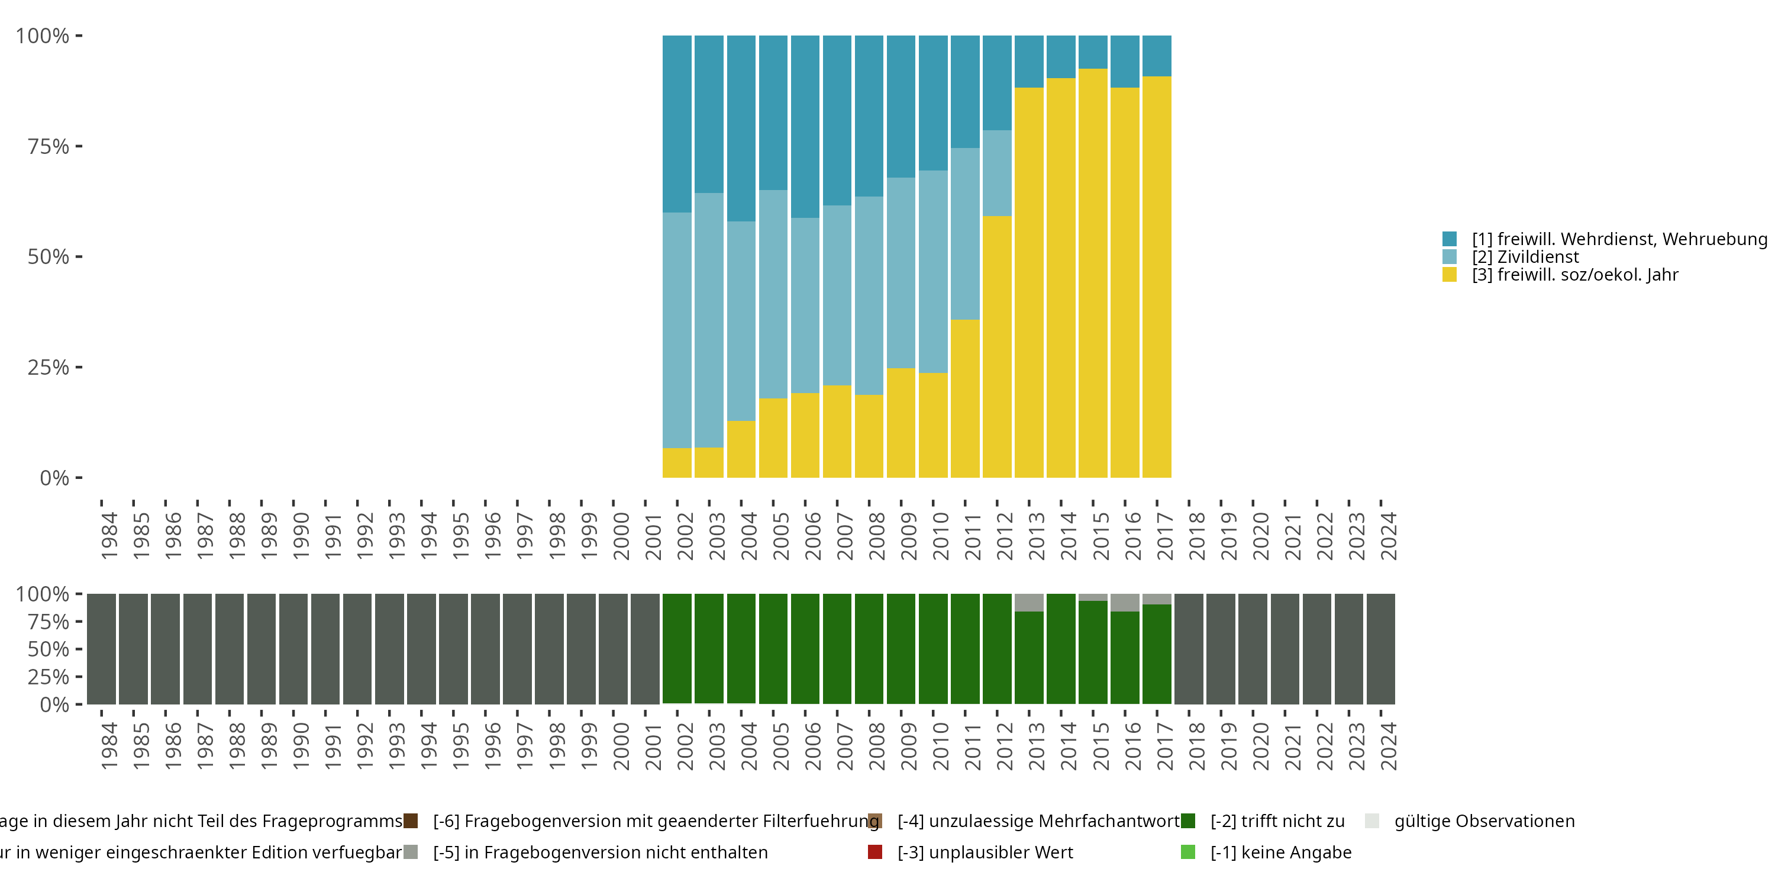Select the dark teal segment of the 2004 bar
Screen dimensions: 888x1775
[x=741, y=128]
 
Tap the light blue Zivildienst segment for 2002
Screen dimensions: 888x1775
[x=677, y=330]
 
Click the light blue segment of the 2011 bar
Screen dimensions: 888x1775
[x=964, y=234]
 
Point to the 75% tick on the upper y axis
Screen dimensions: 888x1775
[x=79, y=146]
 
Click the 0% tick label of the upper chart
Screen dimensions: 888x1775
[x=54, y=478]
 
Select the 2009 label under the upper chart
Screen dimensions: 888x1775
[x=908, y=536]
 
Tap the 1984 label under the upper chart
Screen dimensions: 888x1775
[x=109, y=536]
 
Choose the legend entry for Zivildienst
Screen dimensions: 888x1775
[x=1525, y=257]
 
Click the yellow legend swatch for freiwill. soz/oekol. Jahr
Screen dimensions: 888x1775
[x=1449, y=275]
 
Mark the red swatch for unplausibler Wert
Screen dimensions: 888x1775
[x=875, y=852]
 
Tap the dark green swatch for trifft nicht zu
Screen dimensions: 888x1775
[x=1188, y=821]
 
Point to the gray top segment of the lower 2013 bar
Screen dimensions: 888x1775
[x=1029, y=603]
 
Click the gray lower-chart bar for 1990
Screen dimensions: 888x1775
[x=293, y=649]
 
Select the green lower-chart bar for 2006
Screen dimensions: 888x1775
[x=805, y=649]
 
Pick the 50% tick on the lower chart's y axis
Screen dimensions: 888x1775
[x=79, y=649]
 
